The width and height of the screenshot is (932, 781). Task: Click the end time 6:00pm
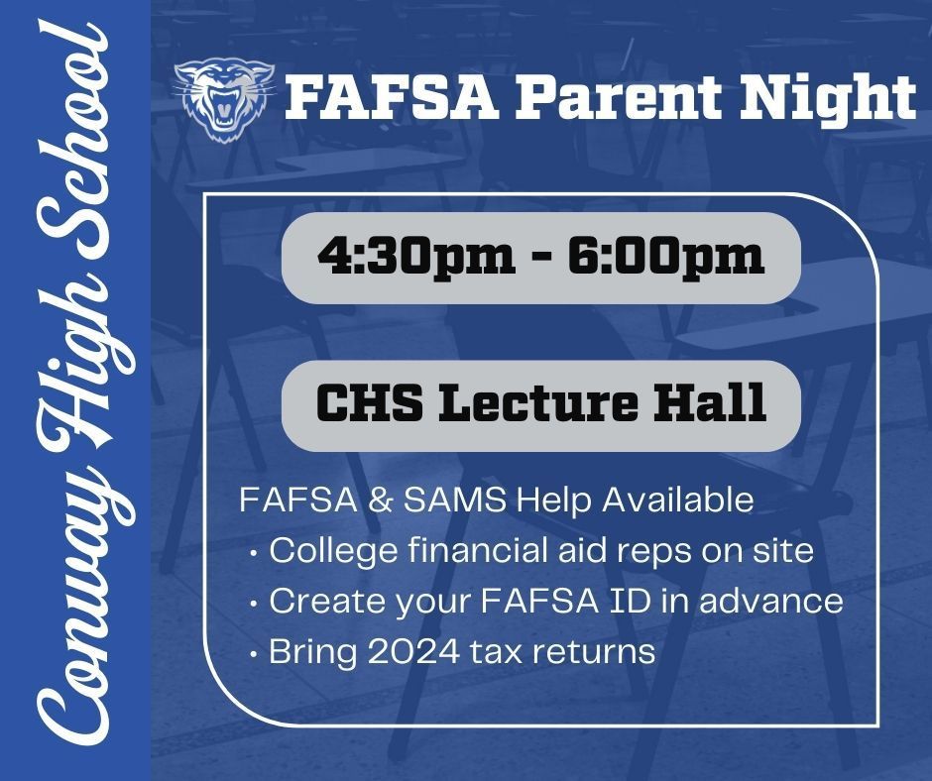click(x=664, y=257)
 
